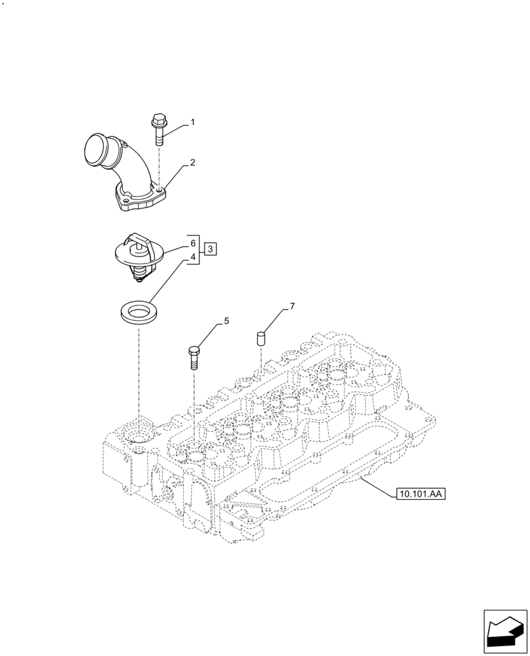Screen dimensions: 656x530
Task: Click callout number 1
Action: (x=192, y=122)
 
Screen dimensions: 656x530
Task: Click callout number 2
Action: (x=192, y=162)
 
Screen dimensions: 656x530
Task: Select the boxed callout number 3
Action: (x=210, y=249)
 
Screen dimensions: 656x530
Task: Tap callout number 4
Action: (x=193, y=258)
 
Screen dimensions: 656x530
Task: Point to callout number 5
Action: (x=226, y=321)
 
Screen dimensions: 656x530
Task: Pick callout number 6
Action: (x=193, y=243)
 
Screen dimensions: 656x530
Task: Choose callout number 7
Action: (x=292, y=306)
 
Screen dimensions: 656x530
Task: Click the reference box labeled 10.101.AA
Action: (x=420, y=494)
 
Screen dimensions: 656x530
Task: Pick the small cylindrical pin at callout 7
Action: (x=260, y=339)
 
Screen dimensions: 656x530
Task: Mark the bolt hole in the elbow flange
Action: (x=159, y=191)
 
